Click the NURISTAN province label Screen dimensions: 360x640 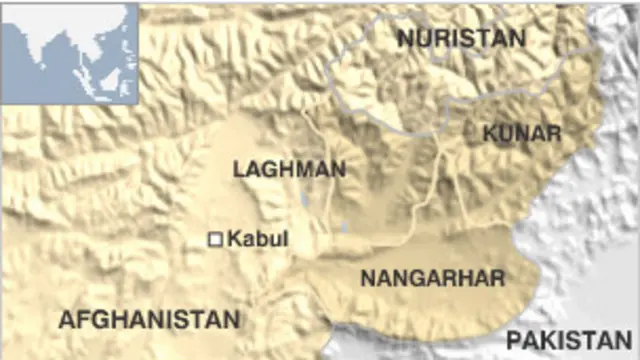point(460,38)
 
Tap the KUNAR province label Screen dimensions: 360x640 point(521,133)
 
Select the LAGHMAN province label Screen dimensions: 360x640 point(289,169)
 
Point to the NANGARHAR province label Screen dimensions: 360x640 point(432,277)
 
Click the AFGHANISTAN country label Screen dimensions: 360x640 point(149,319)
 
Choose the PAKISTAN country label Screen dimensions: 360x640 point(569,340)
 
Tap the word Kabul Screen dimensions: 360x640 point(258,239)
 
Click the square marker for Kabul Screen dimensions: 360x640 point(214,239)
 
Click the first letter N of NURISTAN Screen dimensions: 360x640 point(405,38)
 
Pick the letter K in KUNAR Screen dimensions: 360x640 point(489,133)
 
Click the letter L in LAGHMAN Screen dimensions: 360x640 point(238,169)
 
